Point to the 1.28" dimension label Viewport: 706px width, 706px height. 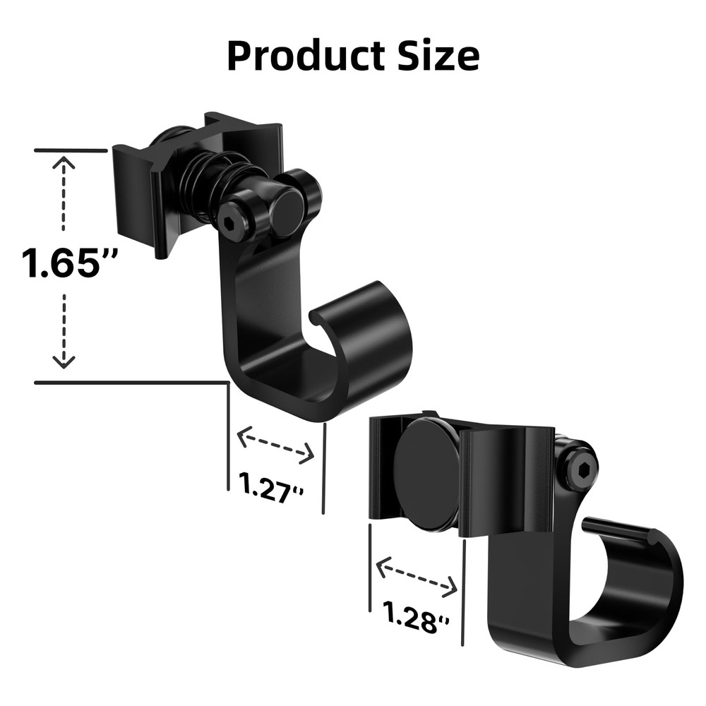416,615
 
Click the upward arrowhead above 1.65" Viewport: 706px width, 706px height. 64,163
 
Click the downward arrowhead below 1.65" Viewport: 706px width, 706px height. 64,362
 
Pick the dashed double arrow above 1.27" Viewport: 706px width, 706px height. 275,445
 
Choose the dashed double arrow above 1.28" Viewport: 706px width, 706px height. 417,576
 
